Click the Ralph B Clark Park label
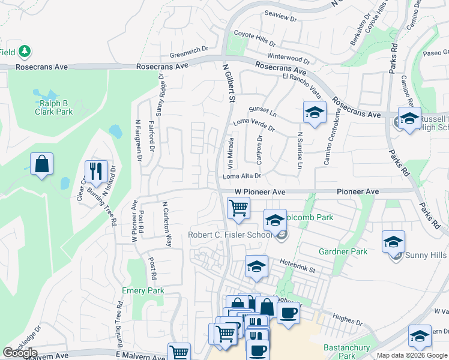tap(53, 107)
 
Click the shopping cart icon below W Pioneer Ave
tap(239, 208)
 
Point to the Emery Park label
tap(143, 291)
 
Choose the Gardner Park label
tap(343, 252)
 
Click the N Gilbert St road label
tap(228, 84)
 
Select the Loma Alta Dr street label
tap(243, 176)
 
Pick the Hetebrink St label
tap(297, 263)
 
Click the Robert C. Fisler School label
tap(230, 235)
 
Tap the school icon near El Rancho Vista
tap(315, 112)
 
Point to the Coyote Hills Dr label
tap(255, 39)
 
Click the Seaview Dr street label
tap(281, 19)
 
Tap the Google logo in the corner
tap(20, 353)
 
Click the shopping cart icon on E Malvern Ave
tap(179, 353)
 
